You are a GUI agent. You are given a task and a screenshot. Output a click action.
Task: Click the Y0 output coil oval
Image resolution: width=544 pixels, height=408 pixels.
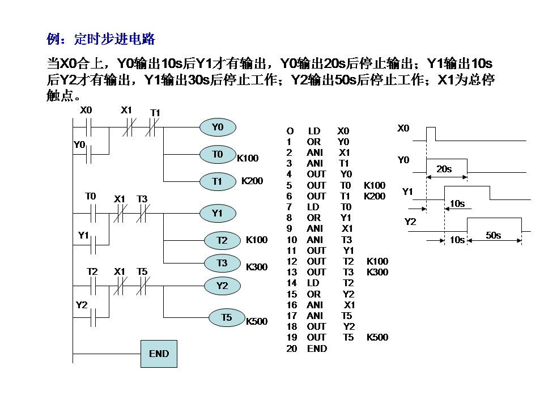[218, 127]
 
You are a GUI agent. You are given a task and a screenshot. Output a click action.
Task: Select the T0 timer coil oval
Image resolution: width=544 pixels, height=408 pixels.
[218, 154]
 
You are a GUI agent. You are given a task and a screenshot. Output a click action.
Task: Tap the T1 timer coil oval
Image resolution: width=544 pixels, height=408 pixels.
[218, 181]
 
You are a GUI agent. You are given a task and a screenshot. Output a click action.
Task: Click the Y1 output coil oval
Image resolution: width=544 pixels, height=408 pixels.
[218, 214]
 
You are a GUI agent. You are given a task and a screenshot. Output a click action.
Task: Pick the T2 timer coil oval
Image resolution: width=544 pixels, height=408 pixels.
[222, 241]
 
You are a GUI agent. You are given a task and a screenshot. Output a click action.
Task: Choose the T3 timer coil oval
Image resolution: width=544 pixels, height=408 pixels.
[222, 263]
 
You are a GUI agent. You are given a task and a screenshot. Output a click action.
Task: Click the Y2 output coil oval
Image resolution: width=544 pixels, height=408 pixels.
[222, 286]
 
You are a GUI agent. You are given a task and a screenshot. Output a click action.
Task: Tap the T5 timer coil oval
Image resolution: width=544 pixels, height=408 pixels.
[226, 318]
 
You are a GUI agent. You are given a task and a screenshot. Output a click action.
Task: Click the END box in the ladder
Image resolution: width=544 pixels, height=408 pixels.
[159, 354]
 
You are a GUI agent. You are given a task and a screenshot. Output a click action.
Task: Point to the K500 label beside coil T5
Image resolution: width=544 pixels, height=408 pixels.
[256, 322]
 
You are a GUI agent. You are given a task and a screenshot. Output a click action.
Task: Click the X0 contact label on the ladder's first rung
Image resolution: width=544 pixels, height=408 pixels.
[86, 110]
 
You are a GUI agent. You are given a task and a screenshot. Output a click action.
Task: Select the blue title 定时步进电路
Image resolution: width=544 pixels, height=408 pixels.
[100, 40]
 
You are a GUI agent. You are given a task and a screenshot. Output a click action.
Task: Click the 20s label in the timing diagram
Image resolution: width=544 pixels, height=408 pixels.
[444, 169]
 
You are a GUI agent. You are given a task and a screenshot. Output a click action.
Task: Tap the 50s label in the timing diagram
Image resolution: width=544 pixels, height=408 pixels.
[494, 235]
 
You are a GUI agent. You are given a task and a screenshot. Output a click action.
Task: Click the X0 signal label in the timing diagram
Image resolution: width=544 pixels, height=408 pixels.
[403, 129]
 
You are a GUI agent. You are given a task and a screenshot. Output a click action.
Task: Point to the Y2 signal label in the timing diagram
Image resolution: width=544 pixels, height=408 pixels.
[410, 222]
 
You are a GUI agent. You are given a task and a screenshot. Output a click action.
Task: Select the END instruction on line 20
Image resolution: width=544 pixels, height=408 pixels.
[317, 348]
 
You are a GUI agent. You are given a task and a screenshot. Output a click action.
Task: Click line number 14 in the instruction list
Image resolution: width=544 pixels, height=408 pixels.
[292, 283]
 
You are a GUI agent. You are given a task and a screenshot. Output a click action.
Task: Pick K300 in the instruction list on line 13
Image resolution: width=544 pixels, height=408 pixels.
[377, 272]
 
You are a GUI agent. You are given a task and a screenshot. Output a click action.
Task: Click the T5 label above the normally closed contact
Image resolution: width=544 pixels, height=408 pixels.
[142, 272]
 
